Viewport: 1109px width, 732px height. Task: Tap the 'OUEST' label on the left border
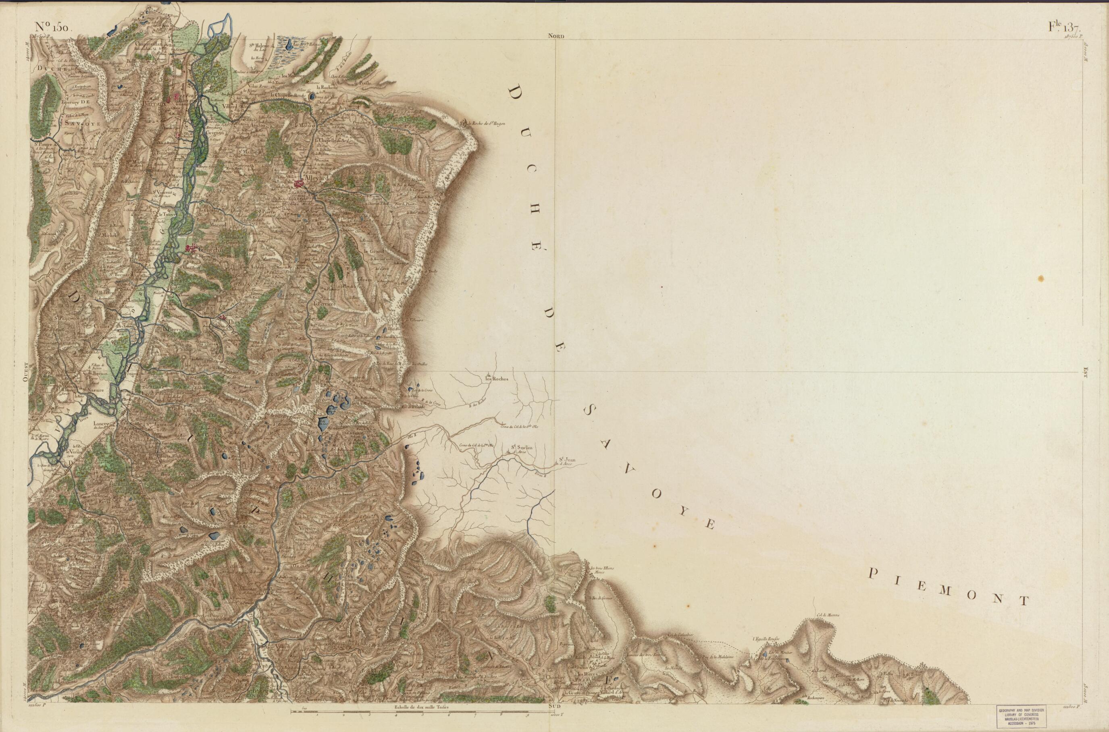26,372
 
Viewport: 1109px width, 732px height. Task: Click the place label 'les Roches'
495,379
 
